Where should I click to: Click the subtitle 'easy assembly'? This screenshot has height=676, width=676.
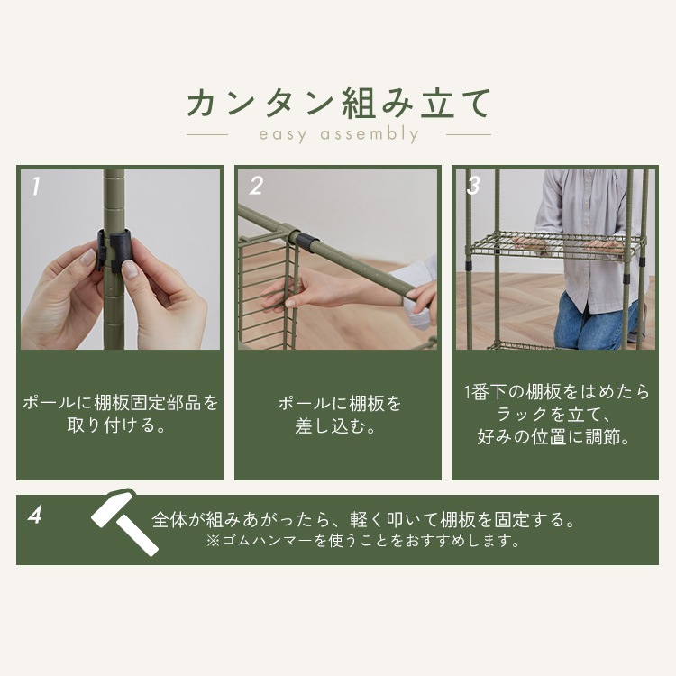coord(338,135)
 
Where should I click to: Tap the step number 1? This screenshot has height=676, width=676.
coord(36,187)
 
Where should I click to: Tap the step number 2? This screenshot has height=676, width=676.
coord(256,187)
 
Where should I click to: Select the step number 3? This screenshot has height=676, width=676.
coord(473,187)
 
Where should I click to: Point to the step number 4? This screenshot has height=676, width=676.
coord(36,516)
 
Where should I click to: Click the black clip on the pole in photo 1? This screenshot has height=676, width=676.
coord(114,249)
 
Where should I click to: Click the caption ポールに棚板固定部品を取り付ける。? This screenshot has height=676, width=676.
coord(120,414)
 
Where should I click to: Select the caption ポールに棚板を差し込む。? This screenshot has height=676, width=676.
coord(338,415)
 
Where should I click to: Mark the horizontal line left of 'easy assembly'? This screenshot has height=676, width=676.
coord(207,135)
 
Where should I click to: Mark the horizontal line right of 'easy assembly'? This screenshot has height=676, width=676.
coord(469,135)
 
